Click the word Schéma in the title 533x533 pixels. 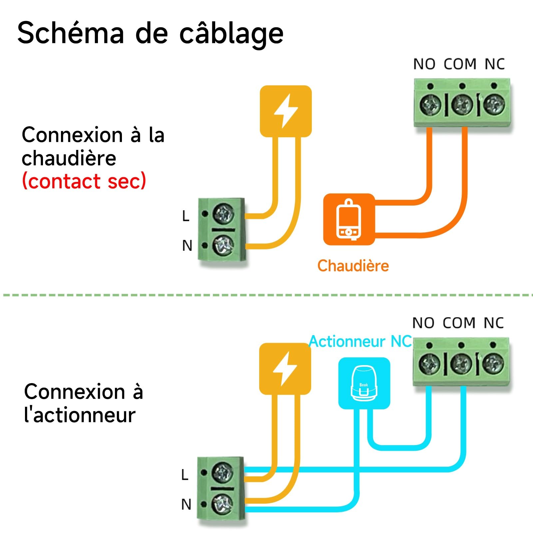pyautogui.click(x=71, y=32)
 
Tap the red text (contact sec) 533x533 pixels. pyautogui.click(x=84, y=181)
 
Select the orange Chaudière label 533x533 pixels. pyautogui.click(x=353, y=266)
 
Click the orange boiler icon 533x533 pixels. pyautogui.click(x=349, y=219)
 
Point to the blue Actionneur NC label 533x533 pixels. pyautogui.click(x=360, y=341)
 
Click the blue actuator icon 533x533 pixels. pyautogui.click(x=364, y=383)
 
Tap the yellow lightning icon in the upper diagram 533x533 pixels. pyautogui.click(x=285, y=111)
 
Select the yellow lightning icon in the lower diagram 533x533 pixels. pyautogui.click(x=285, y=369)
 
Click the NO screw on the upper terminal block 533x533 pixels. pyautogui.click(x=430, y=105)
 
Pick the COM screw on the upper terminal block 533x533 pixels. pyautogui.click(x=462, y=105)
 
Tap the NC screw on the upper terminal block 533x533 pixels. pyautogui.click(x=494, y=105)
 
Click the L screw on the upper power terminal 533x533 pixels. pyautogui.click(x=223, y=214)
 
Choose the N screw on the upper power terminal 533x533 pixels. pyautogui.click(x=223, y=245)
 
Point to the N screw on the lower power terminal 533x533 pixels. pyautogui.click(x=222, y=504)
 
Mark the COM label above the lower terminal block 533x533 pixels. pyautogui.click(x=459, y=323)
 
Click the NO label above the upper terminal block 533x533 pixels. pyautogui.click(x=424, y=64)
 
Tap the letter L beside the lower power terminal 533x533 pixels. pyautogui.click(x=185, y=474)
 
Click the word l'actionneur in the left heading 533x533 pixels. pyautogui.click(x=80, y=415)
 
